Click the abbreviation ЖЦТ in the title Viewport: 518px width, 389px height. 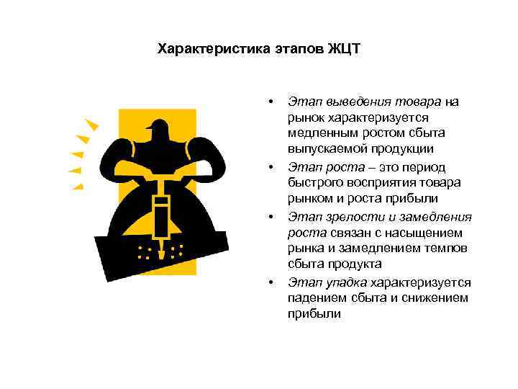pyautogui.click(x=344, y=50)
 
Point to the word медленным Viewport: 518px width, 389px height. pyautogui.click(x=320, y=133)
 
